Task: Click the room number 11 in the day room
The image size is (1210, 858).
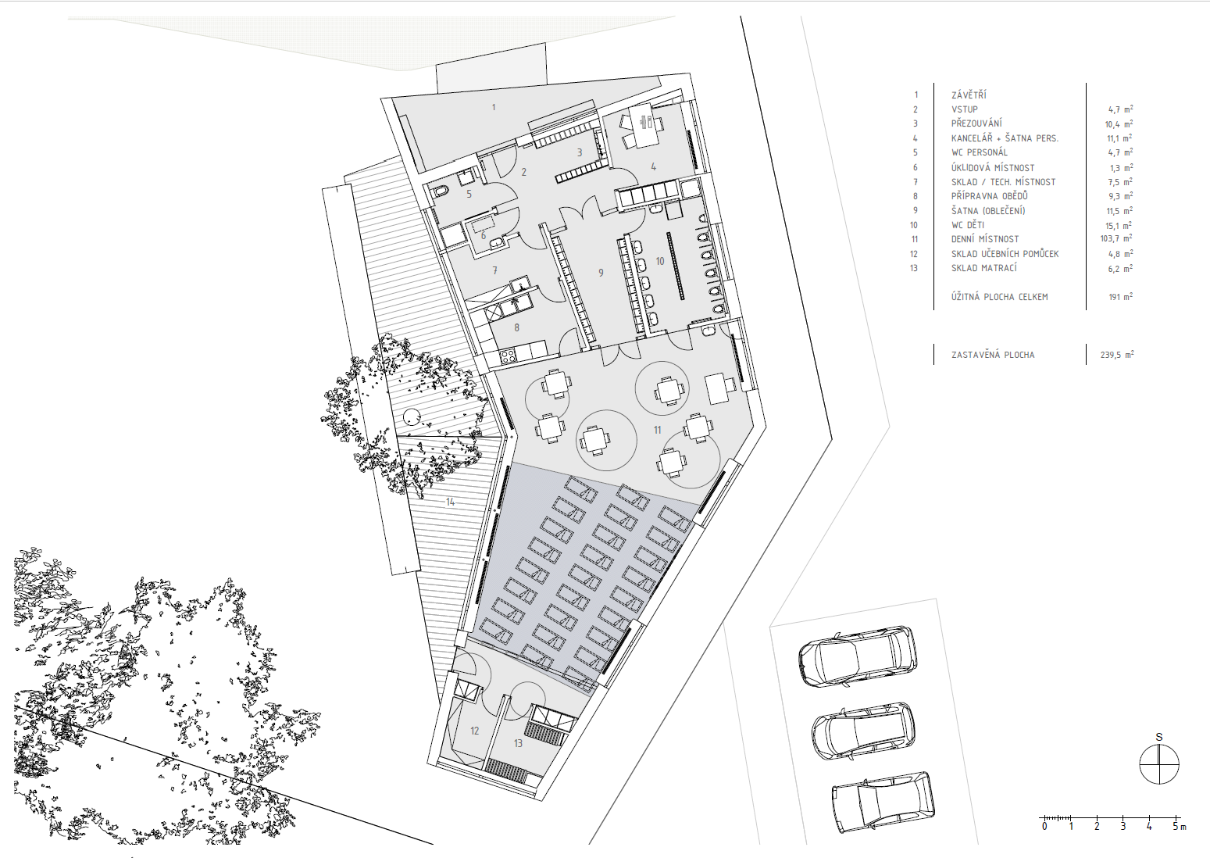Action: pos(657,430)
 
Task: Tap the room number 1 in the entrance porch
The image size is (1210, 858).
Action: pos(493,108)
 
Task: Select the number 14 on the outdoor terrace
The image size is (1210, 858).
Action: pos(450,502)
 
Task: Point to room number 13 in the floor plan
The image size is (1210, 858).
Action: pos(518,743)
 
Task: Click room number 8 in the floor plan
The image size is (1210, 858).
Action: pos(516,327)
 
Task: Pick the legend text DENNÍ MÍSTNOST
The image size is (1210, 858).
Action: pos(985,239)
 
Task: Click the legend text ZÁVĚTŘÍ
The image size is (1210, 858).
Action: pos(969,95)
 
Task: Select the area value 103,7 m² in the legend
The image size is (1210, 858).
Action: pos(1119,238)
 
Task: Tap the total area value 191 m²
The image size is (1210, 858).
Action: pos(1121,297)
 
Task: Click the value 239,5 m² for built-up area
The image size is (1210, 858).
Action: pos(1117,355)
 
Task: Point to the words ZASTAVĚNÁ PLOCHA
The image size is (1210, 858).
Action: pos(993,355)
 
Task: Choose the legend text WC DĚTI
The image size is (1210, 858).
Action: pos(968,225)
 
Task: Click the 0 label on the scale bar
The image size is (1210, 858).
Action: pos(1044,842)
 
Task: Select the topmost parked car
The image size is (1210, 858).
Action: pos(857,656)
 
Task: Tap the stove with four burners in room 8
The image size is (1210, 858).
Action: pos(508,356)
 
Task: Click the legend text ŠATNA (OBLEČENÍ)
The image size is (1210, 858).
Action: pos(988,211)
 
